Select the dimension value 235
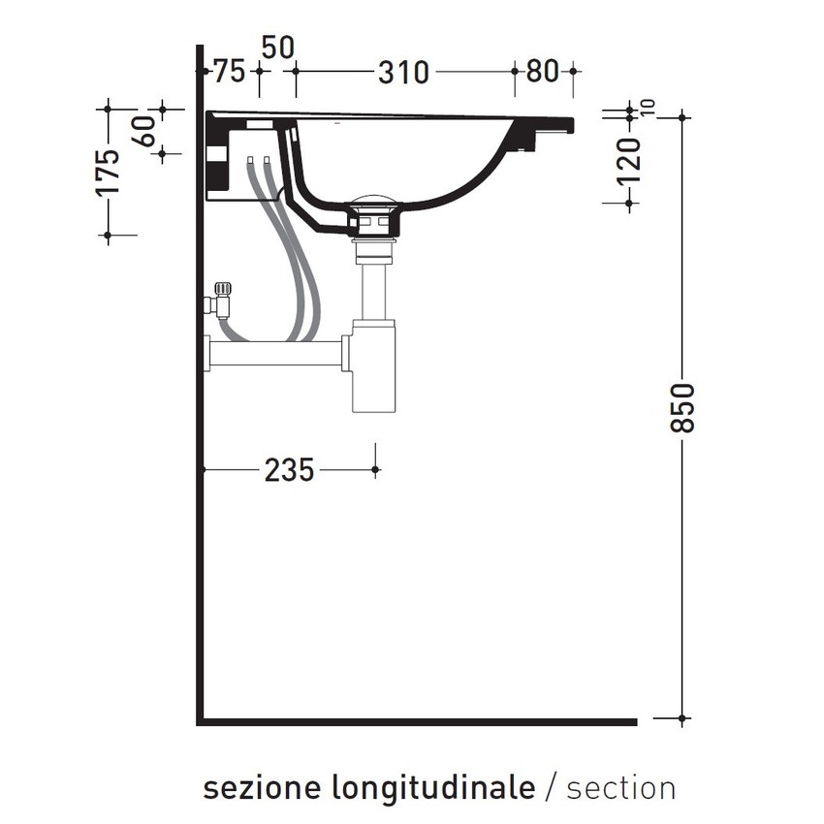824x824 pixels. click(289, 470)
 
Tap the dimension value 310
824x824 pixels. click(402, 72)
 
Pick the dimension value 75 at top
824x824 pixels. click(228, 72)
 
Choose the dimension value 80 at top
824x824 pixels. click(544, 72)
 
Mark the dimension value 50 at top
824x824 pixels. click(277, 47)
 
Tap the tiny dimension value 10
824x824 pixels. click(648, 108)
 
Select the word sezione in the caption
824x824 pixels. click(262, 786)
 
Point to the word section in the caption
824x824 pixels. click(621, 786)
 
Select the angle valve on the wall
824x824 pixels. click(220, 300)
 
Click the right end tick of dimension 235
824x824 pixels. click(375, 470)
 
